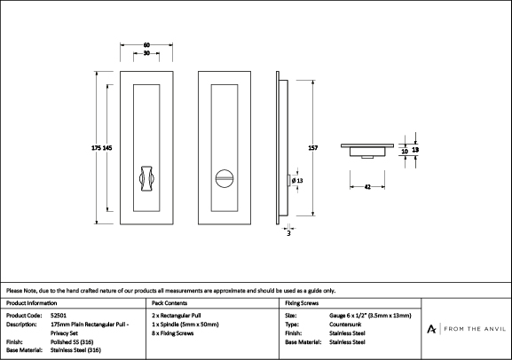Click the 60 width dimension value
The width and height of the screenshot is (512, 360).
pos(146,45)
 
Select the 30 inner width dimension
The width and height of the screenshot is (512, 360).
pos(146,53)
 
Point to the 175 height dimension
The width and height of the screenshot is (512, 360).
pos(97,148)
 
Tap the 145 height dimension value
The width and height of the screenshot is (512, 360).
pos(107,148)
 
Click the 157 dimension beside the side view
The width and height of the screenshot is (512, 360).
pos(313,148)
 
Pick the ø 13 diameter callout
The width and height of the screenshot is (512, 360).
pos(297,181)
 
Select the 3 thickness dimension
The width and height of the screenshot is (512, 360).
pos(288,233)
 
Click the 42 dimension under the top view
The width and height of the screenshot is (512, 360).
pos(367,187)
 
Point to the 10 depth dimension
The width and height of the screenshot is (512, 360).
pos(405,152)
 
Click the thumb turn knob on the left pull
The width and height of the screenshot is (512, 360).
pos(146,178)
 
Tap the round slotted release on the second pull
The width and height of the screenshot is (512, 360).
pos(224,178)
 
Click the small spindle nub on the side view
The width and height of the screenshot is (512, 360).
pos(288,181)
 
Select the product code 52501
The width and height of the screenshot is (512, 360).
pos(59,316)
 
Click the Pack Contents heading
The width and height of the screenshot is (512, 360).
pos(169,303)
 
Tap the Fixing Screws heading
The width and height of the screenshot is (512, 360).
pos(302,303)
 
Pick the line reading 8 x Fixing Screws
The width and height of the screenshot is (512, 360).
pos(173,333)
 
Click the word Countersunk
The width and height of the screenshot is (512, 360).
pos(345,325)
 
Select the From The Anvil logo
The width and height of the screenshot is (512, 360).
pos(466,329)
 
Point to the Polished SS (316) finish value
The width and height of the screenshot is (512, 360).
pos(72,342)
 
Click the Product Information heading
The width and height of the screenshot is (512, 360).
pos(31,303)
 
